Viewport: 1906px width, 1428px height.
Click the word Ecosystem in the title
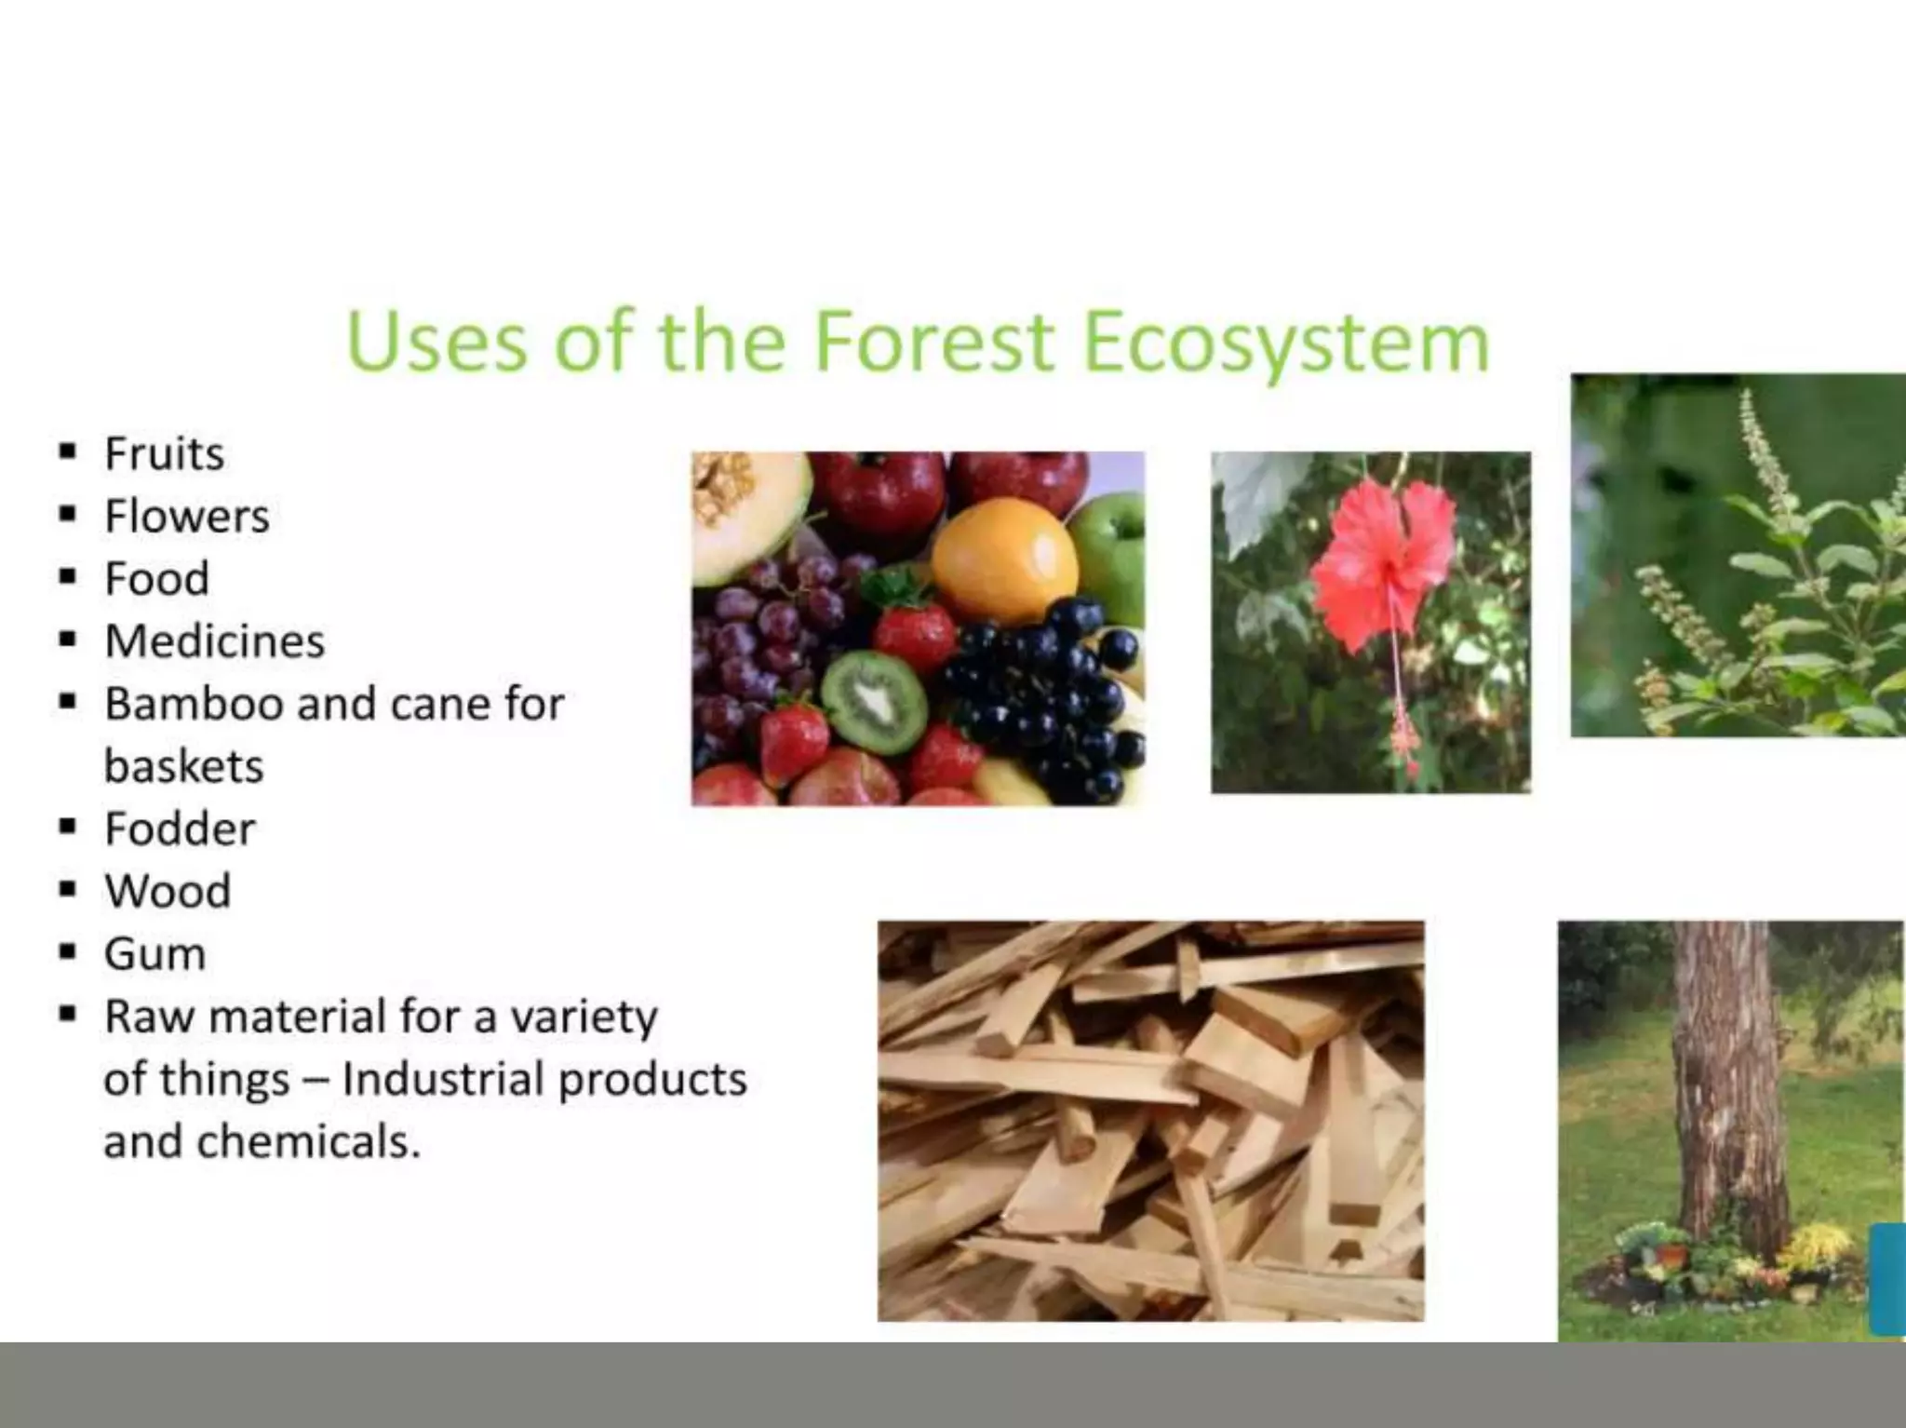tap(1286, 343)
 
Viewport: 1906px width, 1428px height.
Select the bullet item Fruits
tap(164, 454)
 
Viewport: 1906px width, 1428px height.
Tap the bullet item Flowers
tap(186, 517)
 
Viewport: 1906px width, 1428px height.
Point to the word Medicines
tap(214, 641)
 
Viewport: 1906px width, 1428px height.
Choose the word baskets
tap(183, 767)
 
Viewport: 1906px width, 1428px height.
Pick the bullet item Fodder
tap(180, 829)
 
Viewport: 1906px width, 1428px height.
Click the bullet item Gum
tap(154, 954)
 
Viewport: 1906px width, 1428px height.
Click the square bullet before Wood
tap(67, 890)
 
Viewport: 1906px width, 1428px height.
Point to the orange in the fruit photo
tap(1004, 559)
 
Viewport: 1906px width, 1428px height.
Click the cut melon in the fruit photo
tap(745, 512)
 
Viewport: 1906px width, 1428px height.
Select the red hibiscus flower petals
tap(1385, 559)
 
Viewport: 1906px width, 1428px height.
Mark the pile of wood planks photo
tap(1150, 1121)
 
